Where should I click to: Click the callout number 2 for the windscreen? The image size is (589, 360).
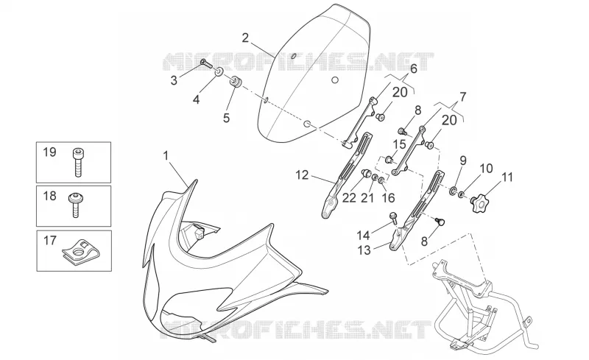[245, 38]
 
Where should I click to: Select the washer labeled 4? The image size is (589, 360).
[219, 71]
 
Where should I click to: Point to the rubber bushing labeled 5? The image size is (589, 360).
[236, 82]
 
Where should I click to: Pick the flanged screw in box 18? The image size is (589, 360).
[77, 205]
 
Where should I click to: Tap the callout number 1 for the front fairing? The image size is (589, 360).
[166, 155]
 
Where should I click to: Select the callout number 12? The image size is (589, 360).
[302, 175]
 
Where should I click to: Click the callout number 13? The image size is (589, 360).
[364, 250]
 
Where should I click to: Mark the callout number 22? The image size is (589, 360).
[349, 198]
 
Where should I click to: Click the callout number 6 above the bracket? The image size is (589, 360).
[414, 68]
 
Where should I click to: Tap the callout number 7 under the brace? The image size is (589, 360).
[462, 97]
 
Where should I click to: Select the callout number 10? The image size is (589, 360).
[486, 168]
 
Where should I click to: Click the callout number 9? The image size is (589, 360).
[463, 160]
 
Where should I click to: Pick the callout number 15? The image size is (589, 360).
[399, 144]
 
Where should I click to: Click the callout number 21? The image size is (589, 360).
[367, 198]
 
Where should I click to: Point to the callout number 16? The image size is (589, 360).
[389, 198]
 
